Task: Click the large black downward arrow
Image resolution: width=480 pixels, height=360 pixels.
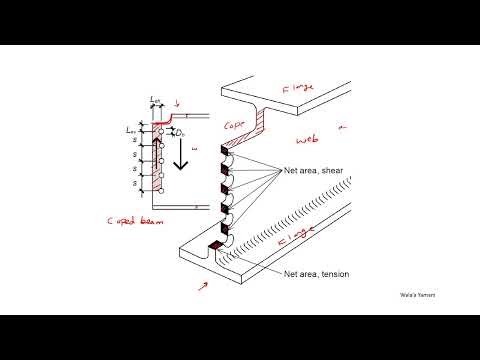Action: click(181, 156)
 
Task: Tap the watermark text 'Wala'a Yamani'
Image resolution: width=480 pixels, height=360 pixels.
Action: click(417, 296)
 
